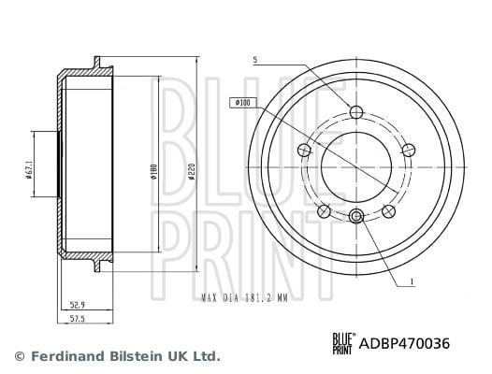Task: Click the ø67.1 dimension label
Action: coord(29,170)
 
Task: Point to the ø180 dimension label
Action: coord(153,172)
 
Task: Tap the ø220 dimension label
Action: coord(192,171)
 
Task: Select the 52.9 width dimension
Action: coord(78,305)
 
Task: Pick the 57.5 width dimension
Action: coord(78,319)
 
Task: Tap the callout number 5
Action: coord(255,60)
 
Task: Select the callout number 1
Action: coord(412,281)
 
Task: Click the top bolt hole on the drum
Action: coord(356,112)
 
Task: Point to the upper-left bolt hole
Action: coord(303,150)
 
